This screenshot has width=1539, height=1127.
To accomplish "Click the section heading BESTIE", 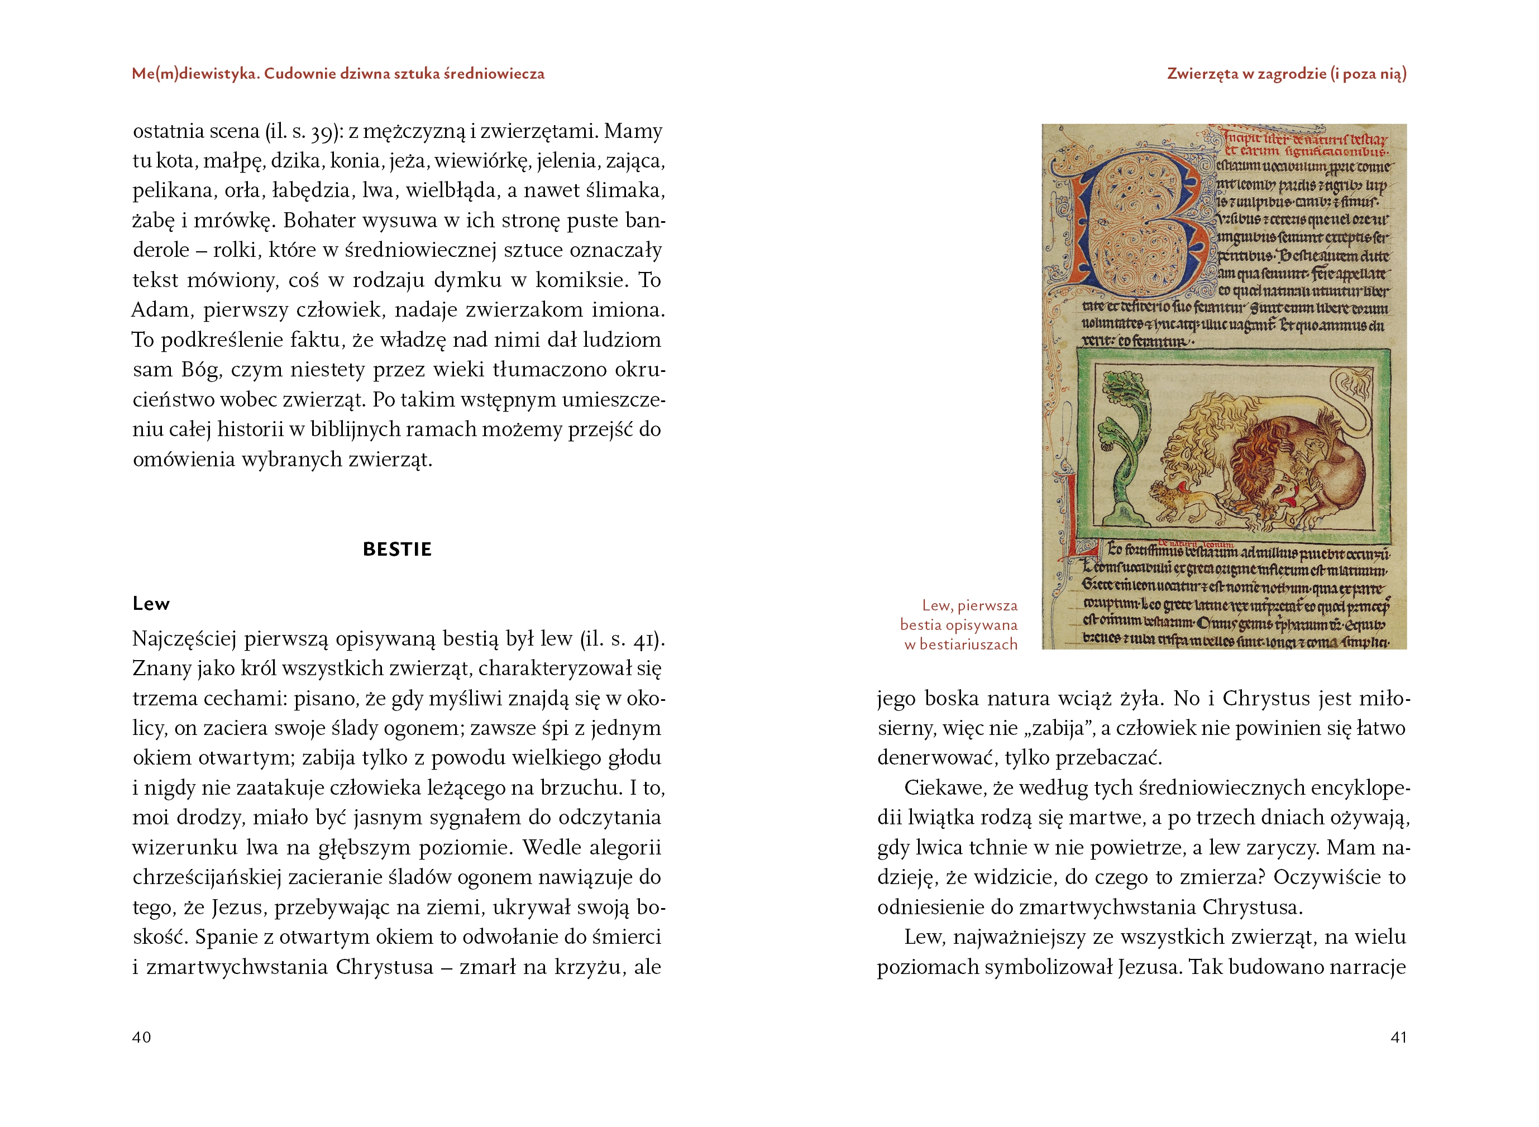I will coord(397,549).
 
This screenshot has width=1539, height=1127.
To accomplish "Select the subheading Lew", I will coord(151,604).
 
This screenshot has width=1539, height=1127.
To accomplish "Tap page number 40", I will coord(141,1037).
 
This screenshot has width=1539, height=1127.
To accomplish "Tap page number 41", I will coord(1398,1037).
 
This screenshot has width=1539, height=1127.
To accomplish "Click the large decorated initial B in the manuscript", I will coord(1136,225).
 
